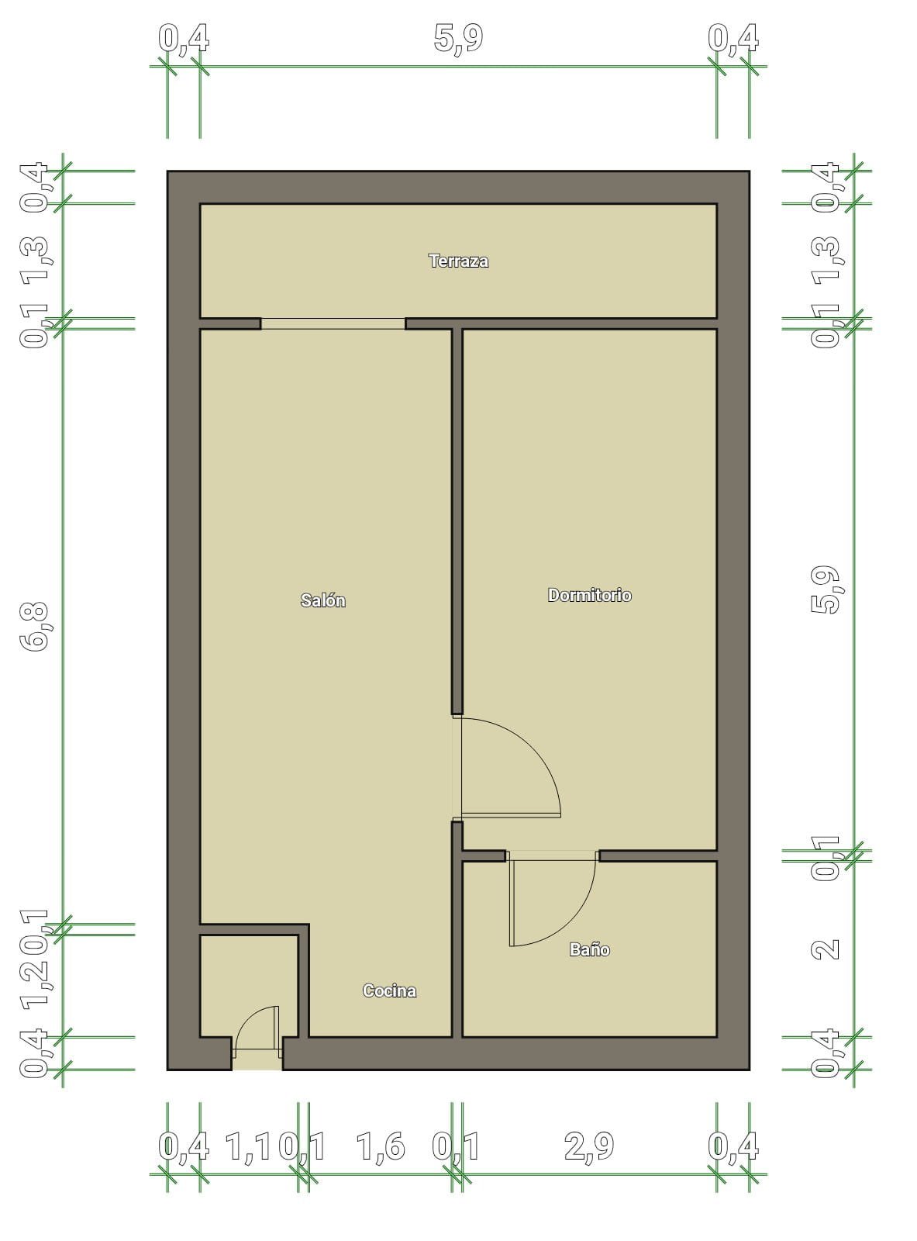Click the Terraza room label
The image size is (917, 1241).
point(458,261)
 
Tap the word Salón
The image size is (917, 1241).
point(322,600)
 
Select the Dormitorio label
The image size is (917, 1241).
point(589,595)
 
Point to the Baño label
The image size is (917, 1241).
point(589,949)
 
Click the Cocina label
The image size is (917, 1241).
point(389,990)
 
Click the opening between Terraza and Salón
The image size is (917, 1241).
point(333,323)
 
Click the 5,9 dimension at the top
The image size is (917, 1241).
point(458,39)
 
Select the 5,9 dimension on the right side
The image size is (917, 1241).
point(826,589)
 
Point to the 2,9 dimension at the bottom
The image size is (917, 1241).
point(589,1146)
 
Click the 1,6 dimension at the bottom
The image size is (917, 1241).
point(381,1146)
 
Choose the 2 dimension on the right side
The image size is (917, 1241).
point(826,949)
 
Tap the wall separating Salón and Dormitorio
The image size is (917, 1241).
point(457,520)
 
